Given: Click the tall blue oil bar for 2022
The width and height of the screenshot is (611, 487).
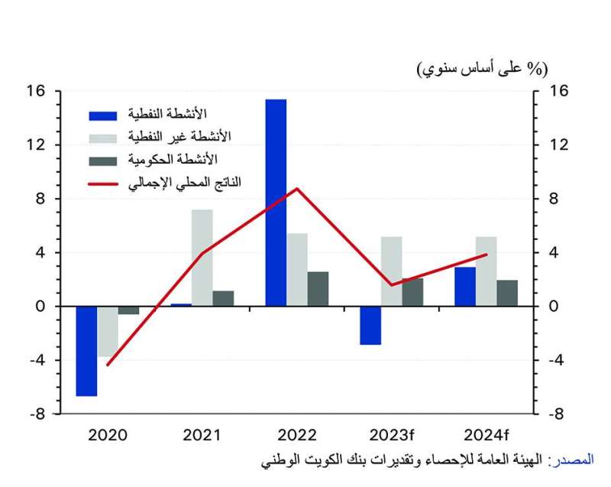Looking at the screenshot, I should pos(276,203).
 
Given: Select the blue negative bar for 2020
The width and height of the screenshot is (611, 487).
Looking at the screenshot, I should pos(86,351).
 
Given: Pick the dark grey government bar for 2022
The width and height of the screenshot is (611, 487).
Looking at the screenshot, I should pos(318,289).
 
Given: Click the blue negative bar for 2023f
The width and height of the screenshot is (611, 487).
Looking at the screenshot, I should pos(370,326).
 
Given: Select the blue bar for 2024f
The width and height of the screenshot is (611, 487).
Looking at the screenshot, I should pos(465,287).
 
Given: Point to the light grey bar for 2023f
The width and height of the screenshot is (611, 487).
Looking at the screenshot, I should pos(392,271).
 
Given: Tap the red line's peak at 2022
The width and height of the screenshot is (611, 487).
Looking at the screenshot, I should pos(297,188).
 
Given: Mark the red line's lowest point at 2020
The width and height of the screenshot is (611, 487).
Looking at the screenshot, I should pos(107,365).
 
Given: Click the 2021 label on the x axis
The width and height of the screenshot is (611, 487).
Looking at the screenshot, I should pos(202,436).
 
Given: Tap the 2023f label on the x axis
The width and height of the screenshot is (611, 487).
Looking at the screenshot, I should pos(391,436).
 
